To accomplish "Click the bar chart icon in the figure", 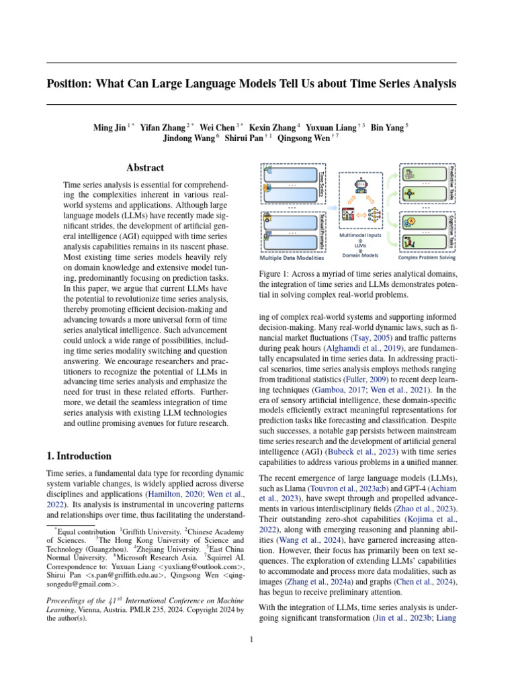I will (348, 215).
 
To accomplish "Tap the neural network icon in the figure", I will (374, 215).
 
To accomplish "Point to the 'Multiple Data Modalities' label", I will (292, 257).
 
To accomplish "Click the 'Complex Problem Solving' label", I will (427, 257).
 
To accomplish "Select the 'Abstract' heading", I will (146, 168).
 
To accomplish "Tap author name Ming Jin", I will (110, 127).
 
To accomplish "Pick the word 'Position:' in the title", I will (71, 84).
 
